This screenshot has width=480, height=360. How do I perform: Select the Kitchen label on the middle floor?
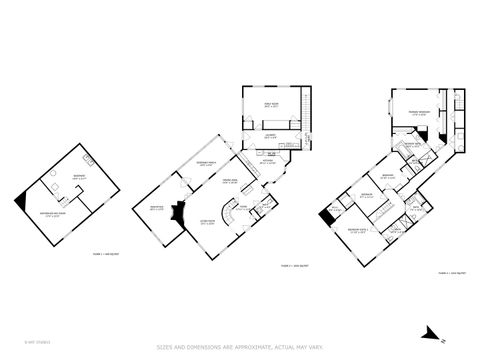click(268, 162)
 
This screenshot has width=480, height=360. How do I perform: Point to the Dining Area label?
click(229, 183)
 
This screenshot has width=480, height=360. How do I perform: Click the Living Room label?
click(208, 223)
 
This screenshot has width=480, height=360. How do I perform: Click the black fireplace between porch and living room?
click(179, 213)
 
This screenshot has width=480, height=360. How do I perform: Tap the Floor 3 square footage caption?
click(450, 271)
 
